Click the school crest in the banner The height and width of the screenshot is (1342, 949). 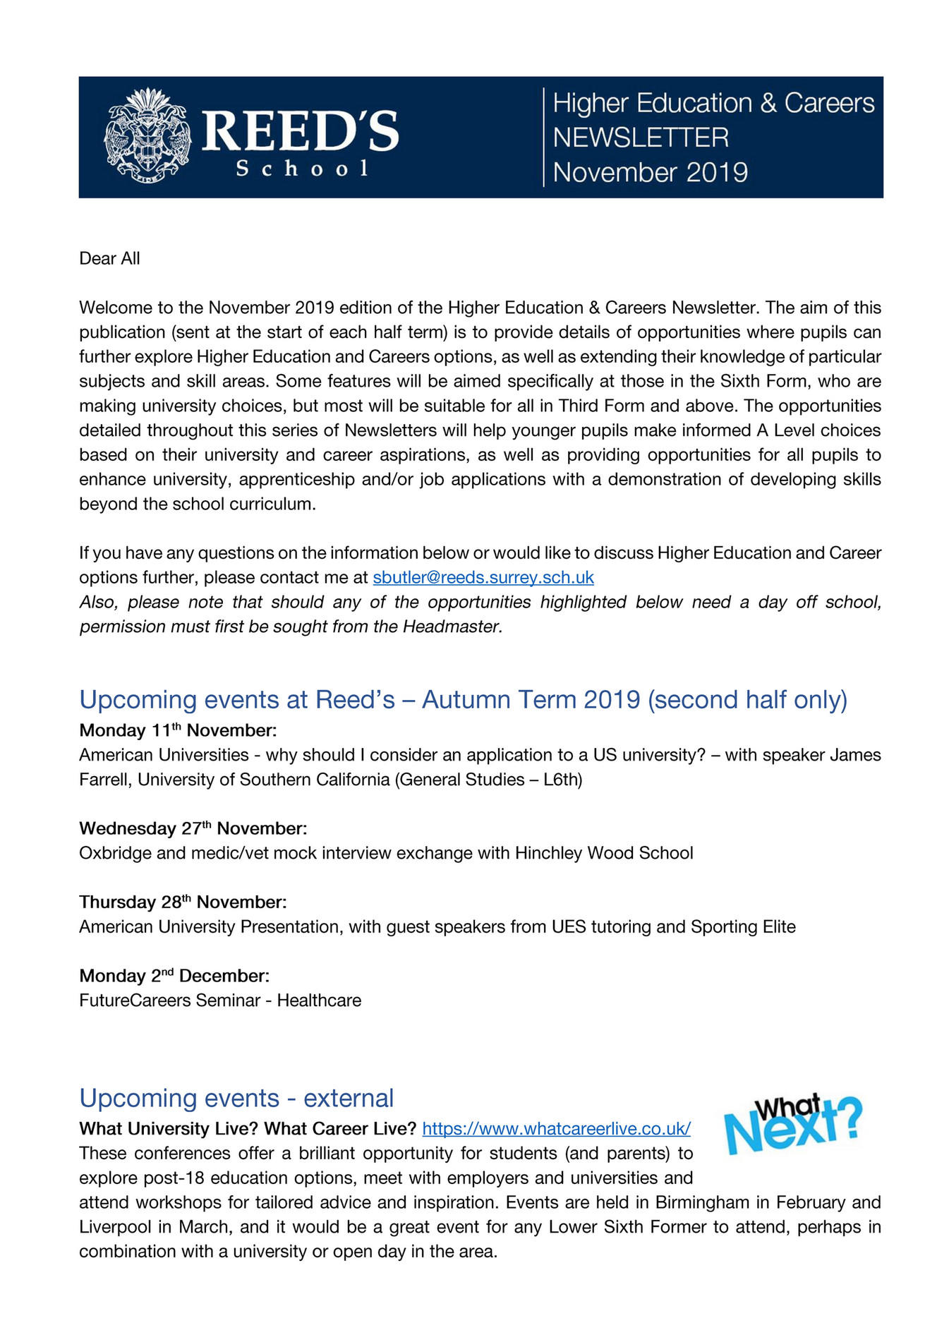147,135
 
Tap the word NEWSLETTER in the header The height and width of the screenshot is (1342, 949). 640,138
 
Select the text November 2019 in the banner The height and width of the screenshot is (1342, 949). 649,172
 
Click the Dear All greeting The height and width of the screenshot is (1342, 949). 109,259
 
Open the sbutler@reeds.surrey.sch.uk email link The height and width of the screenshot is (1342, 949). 483,578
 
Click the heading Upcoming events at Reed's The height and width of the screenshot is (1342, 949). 462,699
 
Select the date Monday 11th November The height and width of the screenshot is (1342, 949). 177,730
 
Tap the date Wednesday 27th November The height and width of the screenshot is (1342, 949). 193,828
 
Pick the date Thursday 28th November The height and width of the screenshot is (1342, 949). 183,902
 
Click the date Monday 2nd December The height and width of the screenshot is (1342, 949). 174,976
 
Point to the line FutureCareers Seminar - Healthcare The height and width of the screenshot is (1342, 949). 219,1001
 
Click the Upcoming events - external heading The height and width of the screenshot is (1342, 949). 236,1099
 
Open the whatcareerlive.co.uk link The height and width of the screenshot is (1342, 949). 555,1129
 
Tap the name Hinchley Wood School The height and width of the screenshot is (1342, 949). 603,853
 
